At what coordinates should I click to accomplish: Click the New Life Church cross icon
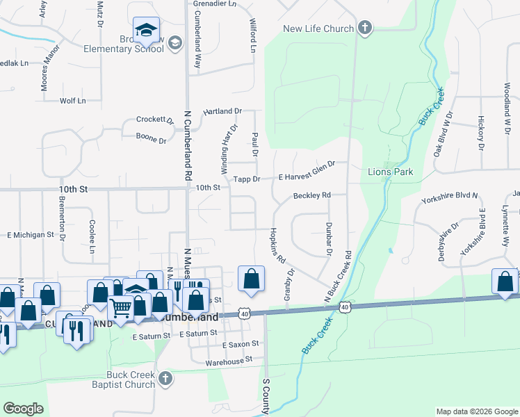365,28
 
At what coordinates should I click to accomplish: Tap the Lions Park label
391,172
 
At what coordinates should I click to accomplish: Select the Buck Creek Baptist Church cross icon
165,379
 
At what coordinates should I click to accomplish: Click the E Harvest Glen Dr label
307,171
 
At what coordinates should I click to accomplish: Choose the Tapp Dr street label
246,179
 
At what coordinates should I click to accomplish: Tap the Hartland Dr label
222,111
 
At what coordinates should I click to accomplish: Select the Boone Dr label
151,139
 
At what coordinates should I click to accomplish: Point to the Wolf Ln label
72,101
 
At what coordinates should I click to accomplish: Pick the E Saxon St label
241,344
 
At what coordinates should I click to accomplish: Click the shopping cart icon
121,306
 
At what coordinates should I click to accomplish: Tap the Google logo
23,409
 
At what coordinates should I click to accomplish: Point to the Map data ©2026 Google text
476,411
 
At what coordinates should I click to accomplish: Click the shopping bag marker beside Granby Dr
252,279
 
